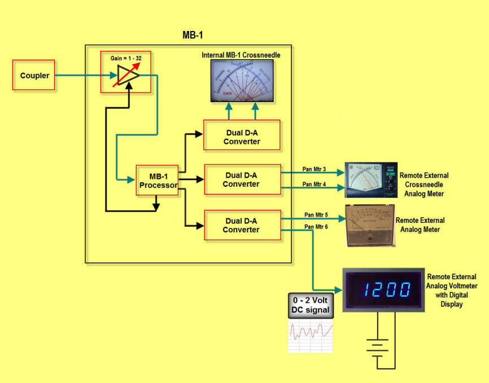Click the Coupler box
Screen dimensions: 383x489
pos(34,75)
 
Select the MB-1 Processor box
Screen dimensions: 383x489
pos(156,181)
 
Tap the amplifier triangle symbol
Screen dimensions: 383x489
pos(125,76)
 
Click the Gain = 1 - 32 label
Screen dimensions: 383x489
pos(125,58)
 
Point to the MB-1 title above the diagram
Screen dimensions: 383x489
pos(193,35)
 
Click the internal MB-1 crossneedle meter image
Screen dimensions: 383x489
pos(241,81)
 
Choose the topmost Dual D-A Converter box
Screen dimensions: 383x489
pos(242,135)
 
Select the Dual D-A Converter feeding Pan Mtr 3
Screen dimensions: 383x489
pos(241,179)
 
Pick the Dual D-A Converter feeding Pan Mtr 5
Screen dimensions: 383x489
pos(241,225)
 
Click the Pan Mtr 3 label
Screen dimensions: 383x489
pos(315,168)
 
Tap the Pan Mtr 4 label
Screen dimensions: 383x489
pos(315,184)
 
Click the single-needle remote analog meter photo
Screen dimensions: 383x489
pos(369,226)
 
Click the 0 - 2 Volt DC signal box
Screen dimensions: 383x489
pos(309,305)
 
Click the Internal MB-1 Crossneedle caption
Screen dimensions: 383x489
pos(241,55)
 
